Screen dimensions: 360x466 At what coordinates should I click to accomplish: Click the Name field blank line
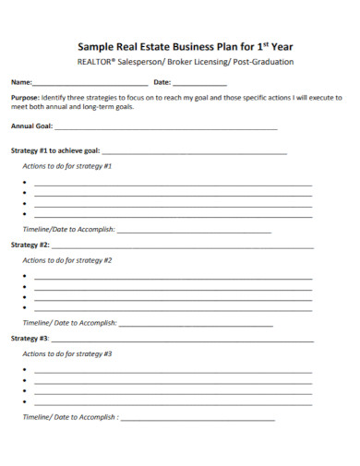coord(90,83)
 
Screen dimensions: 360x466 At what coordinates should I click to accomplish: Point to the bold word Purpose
coord(25,97)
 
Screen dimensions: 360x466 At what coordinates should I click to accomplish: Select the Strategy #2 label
coord(30,245)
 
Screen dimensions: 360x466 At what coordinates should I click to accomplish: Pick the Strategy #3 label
coord(30,339)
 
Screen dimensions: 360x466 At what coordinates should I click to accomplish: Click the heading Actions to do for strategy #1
coord(66,166)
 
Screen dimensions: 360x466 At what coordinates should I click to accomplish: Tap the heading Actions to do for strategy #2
coord(66,260)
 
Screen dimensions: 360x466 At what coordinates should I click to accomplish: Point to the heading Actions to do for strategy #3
coord(66,354)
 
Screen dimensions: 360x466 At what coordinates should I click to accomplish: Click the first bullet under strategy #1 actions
coord(24,184)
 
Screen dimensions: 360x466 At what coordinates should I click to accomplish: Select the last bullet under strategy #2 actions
coord(24,308)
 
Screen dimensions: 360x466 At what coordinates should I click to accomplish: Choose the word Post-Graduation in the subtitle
coord(263,62)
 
